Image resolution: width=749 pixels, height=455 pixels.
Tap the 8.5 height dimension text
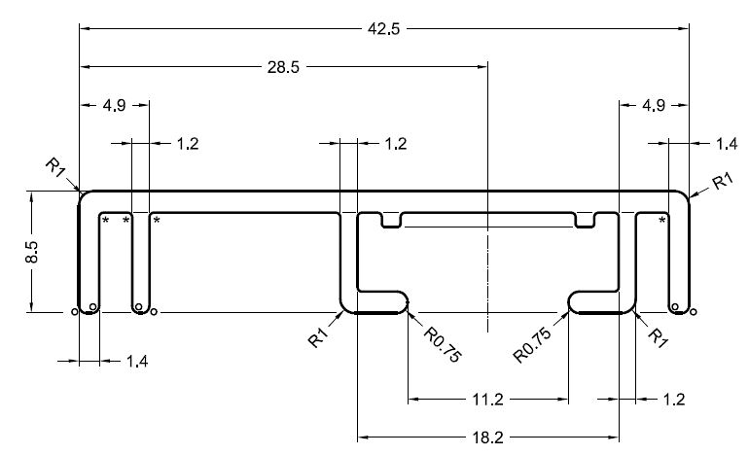(x=32, y=254)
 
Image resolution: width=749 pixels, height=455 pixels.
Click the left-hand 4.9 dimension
(x=114, y=105)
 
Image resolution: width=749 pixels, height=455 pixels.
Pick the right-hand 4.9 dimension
(x=655, y=105)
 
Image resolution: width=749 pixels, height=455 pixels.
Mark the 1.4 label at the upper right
(x=726, y=144)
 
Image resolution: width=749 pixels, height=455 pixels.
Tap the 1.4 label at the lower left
(x=138, y=362)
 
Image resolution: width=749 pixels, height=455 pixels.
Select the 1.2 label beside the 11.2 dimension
(x=672, y=399)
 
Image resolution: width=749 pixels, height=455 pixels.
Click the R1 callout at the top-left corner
(x=55, y=168)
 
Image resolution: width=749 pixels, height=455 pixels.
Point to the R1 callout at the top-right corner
(x=722, y=181)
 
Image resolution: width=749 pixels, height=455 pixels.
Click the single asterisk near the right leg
(x=662, y=222)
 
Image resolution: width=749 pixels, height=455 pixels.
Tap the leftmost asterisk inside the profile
(x=106, y=222)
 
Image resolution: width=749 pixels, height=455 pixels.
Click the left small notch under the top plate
(x=391, y=221)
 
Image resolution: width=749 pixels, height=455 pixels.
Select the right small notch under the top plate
(x=585, y=221)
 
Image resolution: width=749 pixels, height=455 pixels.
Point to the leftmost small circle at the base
(x=75, y=312)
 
